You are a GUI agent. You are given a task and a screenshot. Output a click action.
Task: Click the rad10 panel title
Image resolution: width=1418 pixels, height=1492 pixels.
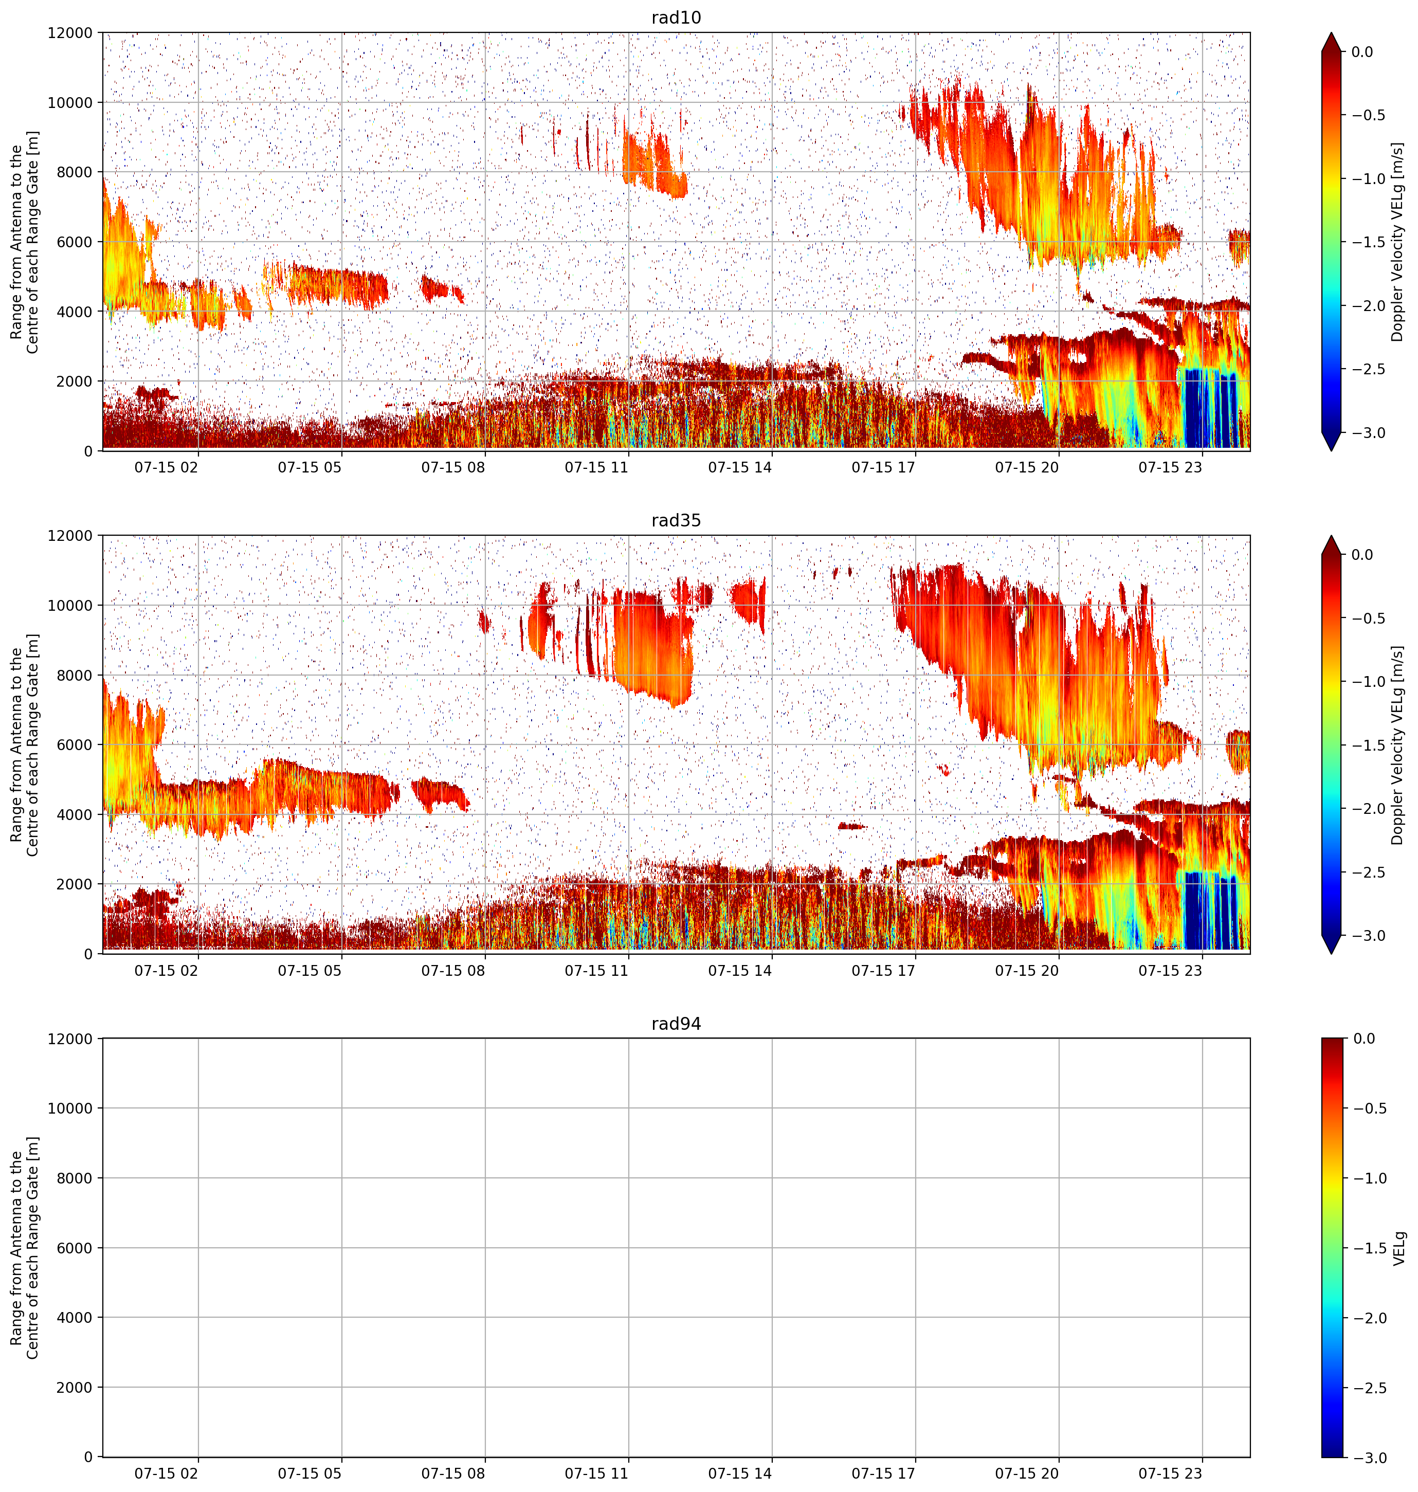coord(676,17)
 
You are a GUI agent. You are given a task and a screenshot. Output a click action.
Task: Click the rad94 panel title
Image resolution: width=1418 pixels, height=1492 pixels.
coord(676,1024)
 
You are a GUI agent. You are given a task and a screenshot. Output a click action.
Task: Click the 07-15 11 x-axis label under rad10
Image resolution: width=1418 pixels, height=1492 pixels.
coord(596,467)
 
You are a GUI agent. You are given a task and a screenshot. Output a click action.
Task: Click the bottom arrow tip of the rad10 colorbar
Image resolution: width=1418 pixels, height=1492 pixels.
coord(1331,450)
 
